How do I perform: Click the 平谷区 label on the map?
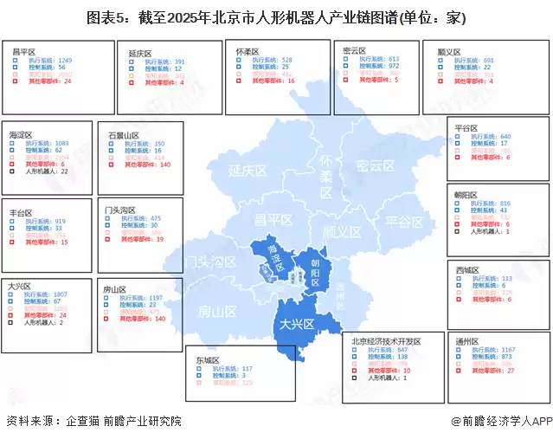[x=403, y=223]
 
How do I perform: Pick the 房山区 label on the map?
[x=218, y=312]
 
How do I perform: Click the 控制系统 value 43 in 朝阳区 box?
[x=504, y=210]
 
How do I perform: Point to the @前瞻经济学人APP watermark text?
[x=501, y=421]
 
